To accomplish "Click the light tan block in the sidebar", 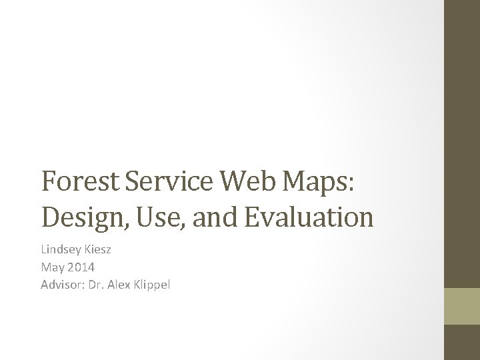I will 462,305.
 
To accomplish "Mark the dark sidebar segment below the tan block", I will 462,342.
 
